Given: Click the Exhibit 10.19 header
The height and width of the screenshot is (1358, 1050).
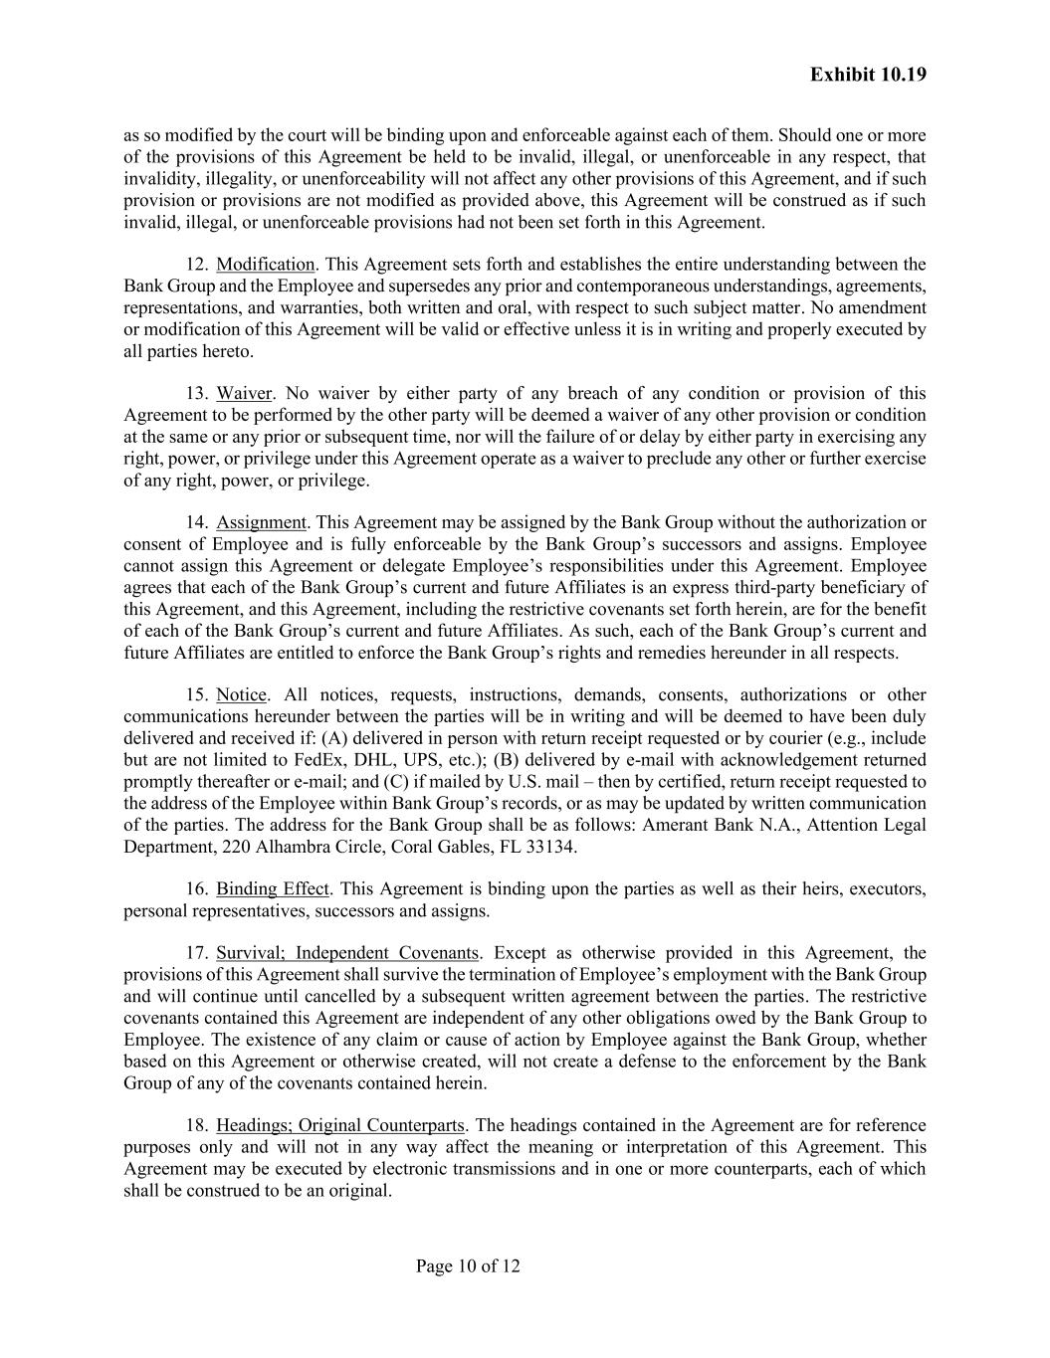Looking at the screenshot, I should (x=868, y=75).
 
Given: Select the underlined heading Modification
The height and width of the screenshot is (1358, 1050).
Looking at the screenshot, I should (x=265, y=265).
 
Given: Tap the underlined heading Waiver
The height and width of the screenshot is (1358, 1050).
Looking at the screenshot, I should (x=244, y=394).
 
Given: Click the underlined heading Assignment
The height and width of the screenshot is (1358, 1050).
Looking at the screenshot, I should (x=261, y=522).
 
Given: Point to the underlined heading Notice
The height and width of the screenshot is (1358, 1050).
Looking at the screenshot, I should (x=241, y=695).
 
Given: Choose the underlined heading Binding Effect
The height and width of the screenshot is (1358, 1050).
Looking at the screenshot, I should (x=272, y=889).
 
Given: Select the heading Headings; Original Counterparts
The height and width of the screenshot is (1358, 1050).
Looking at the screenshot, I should (x=339, y=1126).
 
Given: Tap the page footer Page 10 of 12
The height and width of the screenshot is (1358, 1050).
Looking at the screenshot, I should (x=468, y=1266).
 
